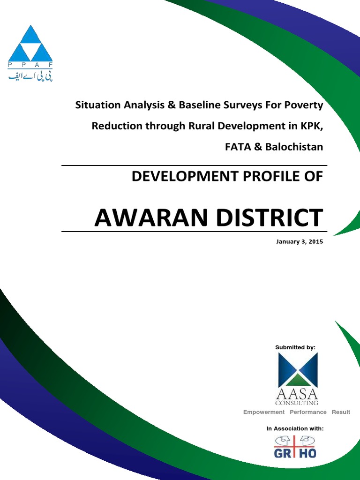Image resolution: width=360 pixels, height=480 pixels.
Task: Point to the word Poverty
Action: click(305, 105)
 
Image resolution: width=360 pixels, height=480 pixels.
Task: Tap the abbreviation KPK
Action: click(310, 126)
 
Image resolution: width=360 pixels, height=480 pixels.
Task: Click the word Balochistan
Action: click(294, 147)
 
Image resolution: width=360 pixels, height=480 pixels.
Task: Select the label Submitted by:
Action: click(295, 347)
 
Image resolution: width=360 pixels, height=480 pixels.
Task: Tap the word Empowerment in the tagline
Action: click(263, 412)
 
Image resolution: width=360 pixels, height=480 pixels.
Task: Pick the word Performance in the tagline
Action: click(308, 412)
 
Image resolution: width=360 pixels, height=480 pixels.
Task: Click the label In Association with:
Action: click(295, 428)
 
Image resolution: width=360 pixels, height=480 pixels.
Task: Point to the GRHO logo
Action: click(295, 447)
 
